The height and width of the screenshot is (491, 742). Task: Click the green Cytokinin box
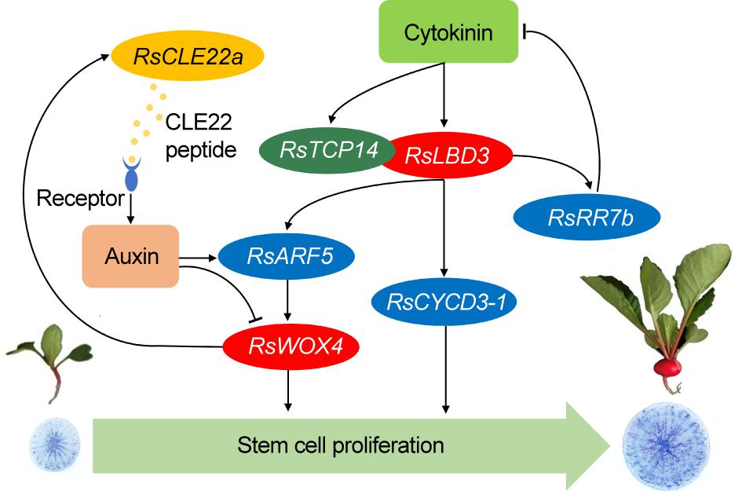(x=448, y=32)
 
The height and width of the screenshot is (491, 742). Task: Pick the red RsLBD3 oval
(x=448, y=155)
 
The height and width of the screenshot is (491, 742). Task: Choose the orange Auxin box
(x=130, y=255)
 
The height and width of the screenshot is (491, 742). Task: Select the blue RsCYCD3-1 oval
(x=445, y=301)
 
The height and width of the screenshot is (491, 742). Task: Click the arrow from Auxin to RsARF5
(x=199, y=256)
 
